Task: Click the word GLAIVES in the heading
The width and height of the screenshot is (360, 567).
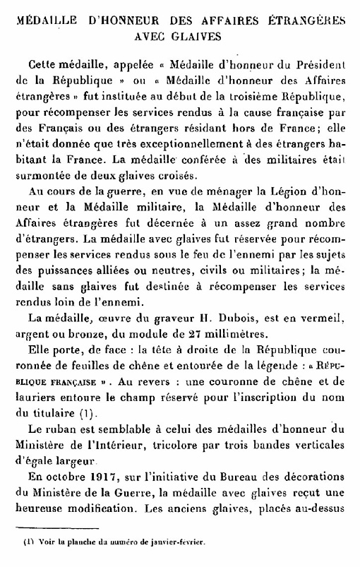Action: (x=200, y=33)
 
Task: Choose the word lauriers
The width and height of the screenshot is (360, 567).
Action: (x=35, y=397)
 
